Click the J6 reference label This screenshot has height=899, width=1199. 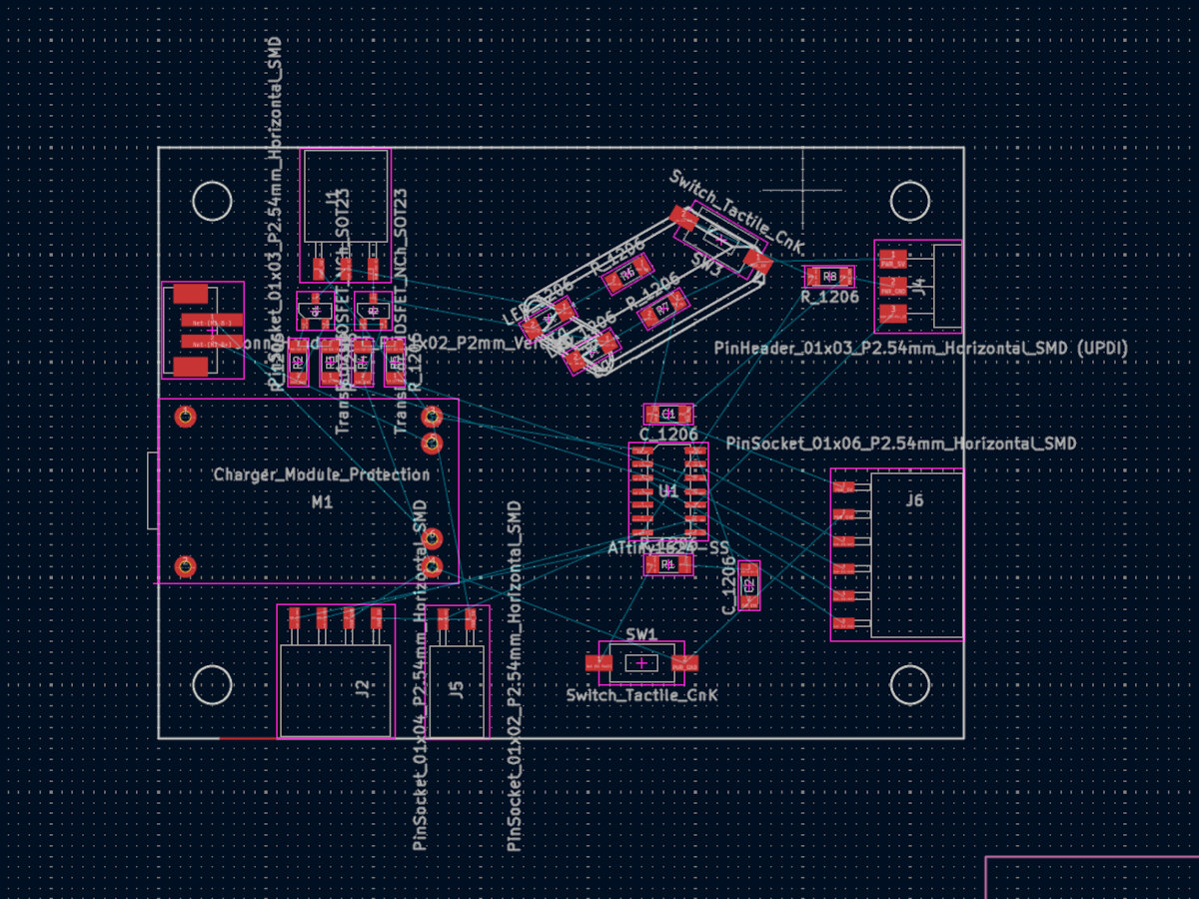(914, 500)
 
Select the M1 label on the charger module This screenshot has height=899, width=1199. (322, 502)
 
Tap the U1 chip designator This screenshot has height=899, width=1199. (668, 491)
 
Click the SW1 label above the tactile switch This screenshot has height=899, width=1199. (641, 634)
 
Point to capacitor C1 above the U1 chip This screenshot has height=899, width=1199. (668, 414)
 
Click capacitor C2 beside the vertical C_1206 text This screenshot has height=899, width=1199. (748, 585)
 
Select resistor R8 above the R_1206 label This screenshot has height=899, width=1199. (829, 276)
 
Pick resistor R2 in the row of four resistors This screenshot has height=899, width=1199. (297, 362)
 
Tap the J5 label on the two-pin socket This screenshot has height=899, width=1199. (457, 688)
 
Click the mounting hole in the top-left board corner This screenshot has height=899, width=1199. (212, 201)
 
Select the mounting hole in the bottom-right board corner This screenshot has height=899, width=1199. (910, 685)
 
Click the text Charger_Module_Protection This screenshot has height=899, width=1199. (322, 474)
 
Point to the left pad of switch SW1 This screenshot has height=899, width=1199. (598, 662)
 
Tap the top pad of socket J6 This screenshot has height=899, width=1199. (845, 487)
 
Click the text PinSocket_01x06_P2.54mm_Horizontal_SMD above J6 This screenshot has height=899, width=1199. (901, 443)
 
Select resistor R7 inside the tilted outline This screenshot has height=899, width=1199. (662, 309)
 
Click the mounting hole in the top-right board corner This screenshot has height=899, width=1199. (910, 201)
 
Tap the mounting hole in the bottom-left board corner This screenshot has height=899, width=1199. (212, 685)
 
